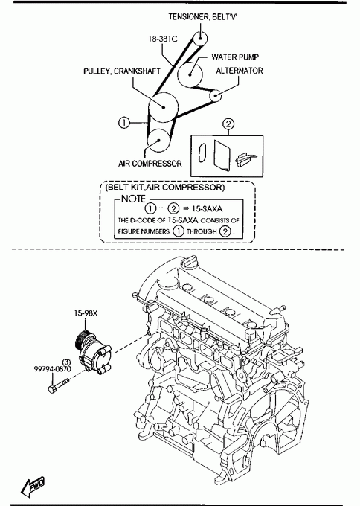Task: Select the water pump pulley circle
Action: (x=190, y=74)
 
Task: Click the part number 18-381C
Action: (x=163, y=39)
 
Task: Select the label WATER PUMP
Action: (x=235, y=57)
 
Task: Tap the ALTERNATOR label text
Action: (x=240, y=71)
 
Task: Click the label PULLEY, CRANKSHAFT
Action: (x=122, y=71)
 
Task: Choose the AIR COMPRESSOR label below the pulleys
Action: (x=150, y=164)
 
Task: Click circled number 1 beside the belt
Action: (x=124, y=123)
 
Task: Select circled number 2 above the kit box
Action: (x=228, y=124)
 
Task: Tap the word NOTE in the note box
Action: (x=134, y=199)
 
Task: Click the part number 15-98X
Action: (x=86, y=313)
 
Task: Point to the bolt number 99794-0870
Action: (x=53, y=368)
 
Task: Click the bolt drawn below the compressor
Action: (x=59, y=385)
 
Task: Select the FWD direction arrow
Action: (x=33, y=487)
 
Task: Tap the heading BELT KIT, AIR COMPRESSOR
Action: (x=165, y=188)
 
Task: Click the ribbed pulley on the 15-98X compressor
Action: (x=80, y=342)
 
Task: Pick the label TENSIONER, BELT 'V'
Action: (x=202, y=16)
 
